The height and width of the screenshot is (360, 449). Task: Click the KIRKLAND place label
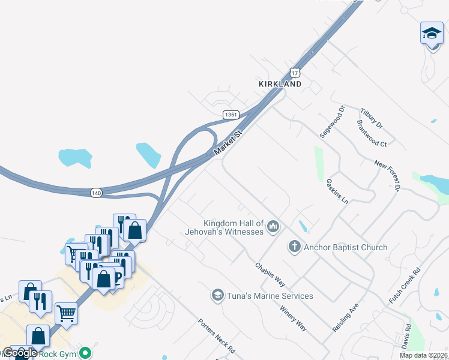pos(280,85)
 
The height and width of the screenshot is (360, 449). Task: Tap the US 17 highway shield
pos(294,71)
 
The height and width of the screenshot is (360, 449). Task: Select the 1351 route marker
pos(231,114)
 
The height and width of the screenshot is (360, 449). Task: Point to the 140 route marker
pos(97,193)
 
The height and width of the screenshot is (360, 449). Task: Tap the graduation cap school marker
pos(431,33)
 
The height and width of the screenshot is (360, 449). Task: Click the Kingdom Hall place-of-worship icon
pos(273,226)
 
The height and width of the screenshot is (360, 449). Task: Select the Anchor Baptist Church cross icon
pos(294,246)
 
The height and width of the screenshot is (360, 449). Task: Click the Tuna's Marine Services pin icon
pos(217,295)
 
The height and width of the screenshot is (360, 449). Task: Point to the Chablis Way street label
pos(270,274)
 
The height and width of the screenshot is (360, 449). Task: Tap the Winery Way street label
pos(294,319)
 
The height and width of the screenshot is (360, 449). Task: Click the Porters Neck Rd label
pos(216,335)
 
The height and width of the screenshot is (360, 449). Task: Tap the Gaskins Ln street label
pos(337,191)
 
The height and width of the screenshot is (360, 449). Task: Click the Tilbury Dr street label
pos(371,118)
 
